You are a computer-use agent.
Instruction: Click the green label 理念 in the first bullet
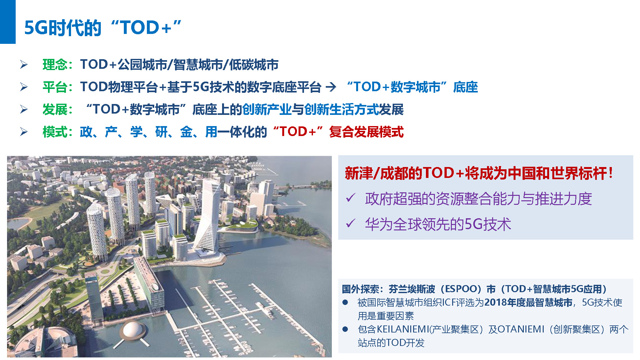(x=55, y=65)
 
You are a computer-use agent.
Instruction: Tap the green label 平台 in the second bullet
(x=55, y=87)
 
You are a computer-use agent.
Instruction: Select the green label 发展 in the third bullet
(x=55, y=109)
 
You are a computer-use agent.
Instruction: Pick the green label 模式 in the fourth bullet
(x=55, y=132)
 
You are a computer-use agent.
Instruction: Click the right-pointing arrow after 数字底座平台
(x=331, y=87)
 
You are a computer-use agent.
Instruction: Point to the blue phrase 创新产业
(x=267, y=109)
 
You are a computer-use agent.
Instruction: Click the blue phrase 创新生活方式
(x=341, y=109)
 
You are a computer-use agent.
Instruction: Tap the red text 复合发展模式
(x=366, y=132)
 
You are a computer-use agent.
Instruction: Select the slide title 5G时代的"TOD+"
(x=103, y=28)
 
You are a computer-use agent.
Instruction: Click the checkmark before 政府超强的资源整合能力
(x=351, y=198)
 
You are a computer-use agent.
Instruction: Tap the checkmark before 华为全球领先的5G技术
(x=351, y=223)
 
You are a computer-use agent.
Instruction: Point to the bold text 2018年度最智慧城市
(x=528, y=302)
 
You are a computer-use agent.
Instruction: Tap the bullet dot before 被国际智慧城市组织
(x=345, y=302)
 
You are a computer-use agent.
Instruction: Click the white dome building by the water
(x=132, y=330)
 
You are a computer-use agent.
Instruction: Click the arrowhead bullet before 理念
(x=24, y=64)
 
